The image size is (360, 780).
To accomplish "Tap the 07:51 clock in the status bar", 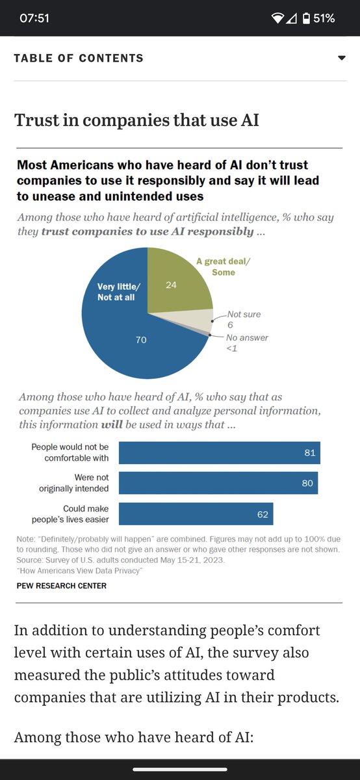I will pos(34,18).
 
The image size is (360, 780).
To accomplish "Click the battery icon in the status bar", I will pos(305,18).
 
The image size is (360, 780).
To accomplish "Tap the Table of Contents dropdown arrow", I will pos(342,58).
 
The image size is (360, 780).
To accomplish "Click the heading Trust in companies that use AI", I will pos(136,120).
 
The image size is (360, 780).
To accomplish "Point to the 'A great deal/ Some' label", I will pos(223,266).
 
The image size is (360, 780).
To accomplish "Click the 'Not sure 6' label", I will pos(243,318).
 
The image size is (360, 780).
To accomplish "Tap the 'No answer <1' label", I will pos(247,343).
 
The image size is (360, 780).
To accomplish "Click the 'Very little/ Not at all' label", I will pos(118,291).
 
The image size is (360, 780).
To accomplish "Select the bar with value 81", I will pos(219,453).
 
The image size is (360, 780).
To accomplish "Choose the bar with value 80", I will pos(218,483).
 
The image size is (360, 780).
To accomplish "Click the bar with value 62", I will pos(196,513).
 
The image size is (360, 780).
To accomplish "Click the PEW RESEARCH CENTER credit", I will pos(62,586).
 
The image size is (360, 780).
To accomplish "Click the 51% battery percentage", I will pos(324,18).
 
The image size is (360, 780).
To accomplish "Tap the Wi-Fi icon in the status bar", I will pos(277,18).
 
